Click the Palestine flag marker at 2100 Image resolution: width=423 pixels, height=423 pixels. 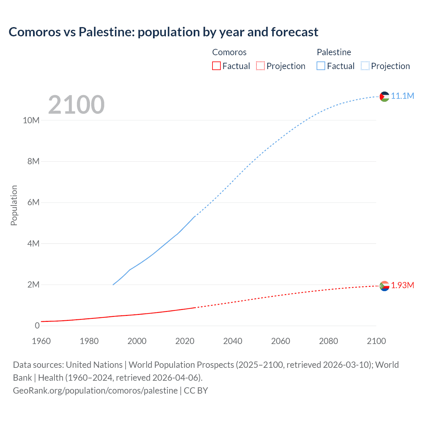coord(384,96)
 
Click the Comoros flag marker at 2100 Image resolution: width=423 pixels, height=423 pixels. coord(384,286)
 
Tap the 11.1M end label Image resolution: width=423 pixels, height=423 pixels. coord(402,96)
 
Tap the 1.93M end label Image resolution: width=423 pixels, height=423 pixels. coord(402,285)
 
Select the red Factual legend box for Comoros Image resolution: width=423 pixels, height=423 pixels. coord(216,66)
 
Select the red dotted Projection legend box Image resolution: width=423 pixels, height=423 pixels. coord(260,66)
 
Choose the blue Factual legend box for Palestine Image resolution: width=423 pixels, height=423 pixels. coord(321,66)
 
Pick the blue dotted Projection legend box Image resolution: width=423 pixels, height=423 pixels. coord(365,66)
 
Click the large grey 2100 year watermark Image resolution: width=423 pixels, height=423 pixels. coord(76,105)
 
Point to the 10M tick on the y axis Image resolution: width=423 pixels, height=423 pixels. coord(31,120)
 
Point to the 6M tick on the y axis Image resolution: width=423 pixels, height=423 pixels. coord(33,202)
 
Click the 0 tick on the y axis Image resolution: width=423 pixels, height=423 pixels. coord(37,326)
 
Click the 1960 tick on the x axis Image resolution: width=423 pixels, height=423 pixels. coord(41,341)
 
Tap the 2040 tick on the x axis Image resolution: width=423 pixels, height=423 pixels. coord(233,341)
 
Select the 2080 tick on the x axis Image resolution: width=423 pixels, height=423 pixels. coord(328,341)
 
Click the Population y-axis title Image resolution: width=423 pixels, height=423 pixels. coord(14,205)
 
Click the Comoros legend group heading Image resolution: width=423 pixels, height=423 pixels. coord(229,52)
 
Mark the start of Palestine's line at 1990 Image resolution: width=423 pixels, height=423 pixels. coord(113,285)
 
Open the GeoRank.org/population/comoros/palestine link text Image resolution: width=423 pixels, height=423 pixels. coord(95,390)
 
